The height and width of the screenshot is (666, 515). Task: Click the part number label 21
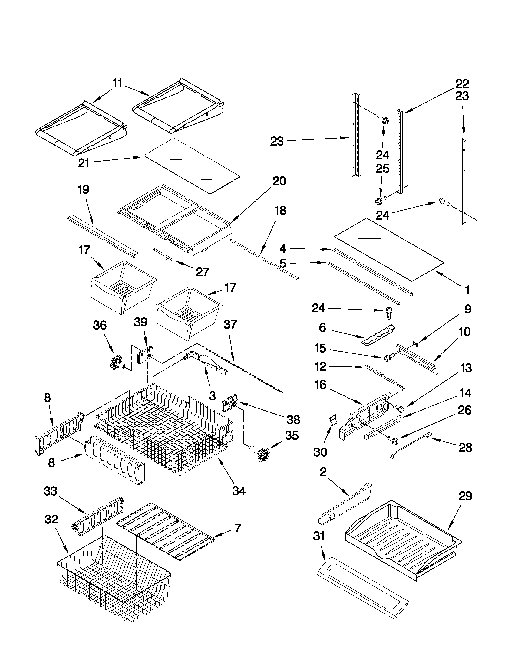83,163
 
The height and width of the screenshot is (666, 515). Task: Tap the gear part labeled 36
117,362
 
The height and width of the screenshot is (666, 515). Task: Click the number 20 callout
279,182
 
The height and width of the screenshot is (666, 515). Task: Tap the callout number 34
239,491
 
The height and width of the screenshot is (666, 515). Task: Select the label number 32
51,519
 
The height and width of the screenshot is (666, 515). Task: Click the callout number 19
83,189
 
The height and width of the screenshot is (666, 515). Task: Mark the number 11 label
117,83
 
